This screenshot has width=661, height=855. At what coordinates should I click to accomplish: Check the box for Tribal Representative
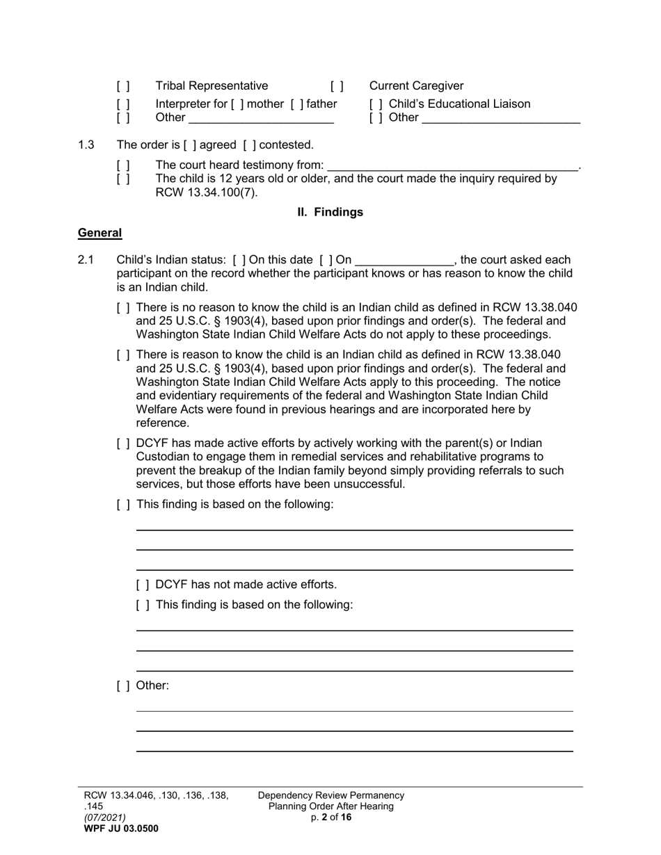coord(123,86)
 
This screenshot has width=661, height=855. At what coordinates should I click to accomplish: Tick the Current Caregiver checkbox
coord(337,86)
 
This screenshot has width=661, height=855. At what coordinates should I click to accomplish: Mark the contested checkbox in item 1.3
coord(249,145)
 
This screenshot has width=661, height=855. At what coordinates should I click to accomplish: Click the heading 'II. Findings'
coord(330,212)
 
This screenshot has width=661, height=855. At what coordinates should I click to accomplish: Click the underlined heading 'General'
coord(99,234)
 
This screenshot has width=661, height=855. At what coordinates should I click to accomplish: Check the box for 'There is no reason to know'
coord(123,308)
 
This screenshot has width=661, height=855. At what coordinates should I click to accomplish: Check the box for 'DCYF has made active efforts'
coord(123,443)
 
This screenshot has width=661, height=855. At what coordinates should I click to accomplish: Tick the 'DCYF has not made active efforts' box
coord(143,585)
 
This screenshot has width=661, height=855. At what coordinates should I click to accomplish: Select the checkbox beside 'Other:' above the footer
coord(123,686)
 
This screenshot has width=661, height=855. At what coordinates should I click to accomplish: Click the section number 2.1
coord(86,260)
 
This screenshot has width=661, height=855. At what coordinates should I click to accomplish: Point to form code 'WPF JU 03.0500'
coord(120,829)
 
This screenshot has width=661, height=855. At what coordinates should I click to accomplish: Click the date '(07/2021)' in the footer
coord(105,817)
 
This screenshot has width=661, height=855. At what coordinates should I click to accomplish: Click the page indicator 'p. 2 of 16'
coord(330,817)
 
